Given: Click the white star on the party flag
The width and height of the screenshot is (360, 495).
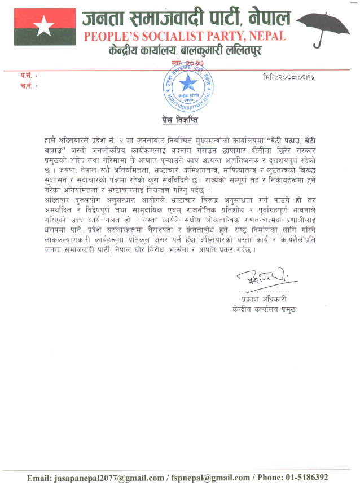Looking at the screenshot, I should pos(42,24).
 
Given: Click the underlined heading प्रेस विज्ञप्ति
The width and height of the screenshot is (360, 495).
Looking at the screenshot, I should pos(177,121).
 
